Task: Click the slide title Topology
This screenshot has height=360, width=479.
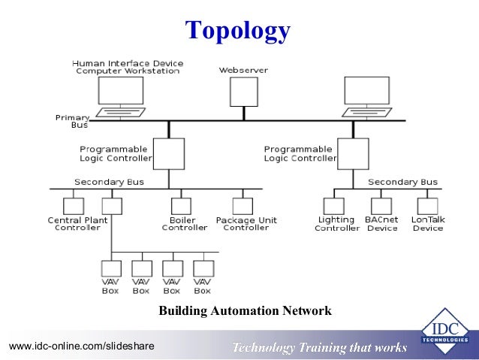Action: click(238, 30)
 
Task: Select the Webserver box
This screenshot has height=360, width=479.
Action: click(243, 92)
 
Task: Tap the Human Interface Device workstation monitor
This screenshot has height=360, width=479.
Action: click(120, 91)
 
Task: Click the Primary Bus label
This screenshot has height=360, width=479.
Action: click(73, 121)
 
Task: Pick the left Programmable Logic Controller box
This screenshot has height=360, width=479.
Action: click(169, 154)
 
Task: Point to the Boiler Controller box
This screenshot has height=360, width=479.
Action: click(179, 206)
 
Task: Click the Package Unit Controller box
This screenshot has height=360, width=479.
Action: click(242, 206)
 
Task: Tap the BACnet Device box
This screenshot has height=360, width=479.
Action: click(381, 206)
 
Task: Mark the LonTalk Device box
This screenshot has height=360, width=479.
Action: click(427, 206)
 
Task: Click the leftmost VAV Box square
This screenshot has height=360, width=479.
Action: click(111, 268)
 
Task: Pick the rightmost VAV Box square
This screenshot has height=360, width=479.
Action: click(203, 268)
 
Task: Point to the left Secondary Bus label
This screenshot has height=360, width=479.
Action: click(109, 182)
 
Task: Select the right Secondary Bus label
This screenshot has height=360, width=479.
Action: click(402, 182)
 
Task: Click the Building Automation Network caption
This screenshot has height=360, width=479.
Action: click(245, 310)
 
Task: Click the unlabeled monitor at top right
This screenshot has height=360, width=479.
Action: click(366, 91)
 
